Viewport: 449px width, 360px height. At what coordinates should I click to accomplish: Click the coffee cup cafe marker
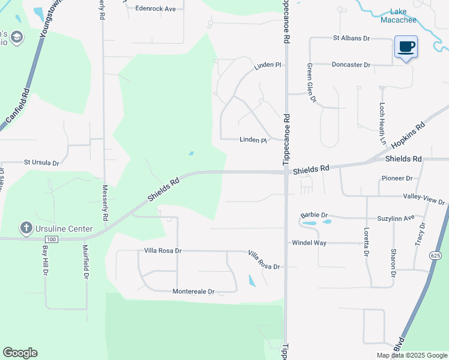pyautogui.click(x=406, y=47)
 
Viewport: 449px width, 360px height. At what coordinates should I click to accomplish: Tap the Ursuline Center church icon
pyautogui.click(x=26, y=228)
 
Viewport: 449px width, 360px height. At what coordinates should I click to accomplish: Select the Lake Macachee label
pyautogui.click(x=399, y=16)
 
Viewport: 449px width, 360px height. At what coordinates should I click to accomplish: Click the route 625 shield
pyautogui.click(x=435, y=256)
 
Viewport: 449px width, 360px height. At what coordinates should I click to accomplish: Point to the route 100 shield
pyautogui.click(x=52, y=239)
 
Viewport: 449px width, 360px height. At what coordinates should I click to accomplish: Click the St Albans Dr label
pyautogui.click(x=352, y=38)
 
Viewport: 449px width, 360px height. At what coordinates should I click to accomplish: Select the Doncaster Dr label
pyautogui.click(x=351, y=64)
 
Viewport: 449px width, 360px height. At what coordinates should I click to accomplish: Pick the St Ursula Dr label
pyautogui.click(x=42, y=163)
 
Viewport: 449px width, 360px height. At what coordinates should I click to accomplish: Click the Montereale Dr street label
pyautogui.click(x=193, y=292)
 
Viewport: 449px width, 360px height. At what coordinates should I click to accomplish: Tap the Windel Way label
pyautogui.click(x=309, y=243)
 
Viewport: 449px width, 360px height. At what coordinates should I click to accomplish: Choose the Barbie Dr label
pyautogui.click(x=314, y=215)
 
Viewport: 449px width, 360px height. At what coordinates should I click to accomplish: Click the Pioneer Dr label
pyautogui.click(x=397, y=178)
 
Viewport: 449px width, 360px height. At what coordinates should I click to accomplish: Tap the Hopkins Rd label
pyautogui.click(x=408, y=136)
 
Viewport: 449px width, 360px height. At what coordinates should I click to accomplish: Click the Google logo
pyautogui.click(x=20, y=353)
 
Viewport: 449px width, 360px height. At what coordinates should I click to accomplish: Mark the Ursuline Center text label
pyautogui.click(x=64, y=229)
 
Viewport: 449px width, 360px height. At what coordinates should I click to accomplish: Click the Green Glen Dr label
pyautogui.click(x=311, y=83)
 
